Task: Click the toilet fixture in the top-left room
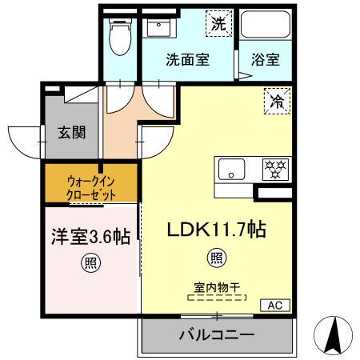(x=120, y=37)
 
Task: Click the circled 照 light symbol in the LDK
(x=216, y=258)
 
